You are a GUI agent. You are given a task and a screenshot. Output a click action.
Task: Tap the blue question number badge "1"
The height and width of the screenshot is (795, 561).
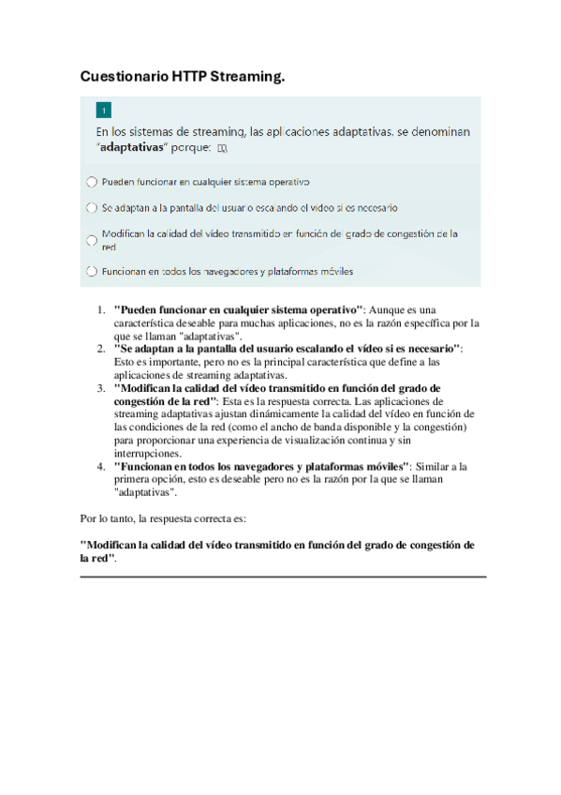click(x=103, y=110)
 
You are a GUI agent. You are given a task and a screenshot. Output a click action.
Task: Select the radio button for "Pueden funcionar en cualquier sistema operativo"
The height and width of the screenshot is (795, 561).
click(x=91, y=181)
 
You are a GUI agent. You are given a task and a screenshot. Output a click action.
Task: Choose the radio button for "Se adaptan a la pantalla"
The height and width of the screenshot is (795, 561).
click(x=91, y=207)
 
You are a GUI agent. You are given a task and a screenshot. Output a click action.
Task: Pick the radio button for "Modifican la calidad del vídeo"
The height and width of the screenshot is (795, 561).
click(x=91, y=240)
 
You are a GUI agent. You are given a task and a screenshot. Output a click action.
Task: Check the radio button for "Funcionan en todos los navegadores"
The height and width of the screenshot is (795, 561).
click(x=91, y=272)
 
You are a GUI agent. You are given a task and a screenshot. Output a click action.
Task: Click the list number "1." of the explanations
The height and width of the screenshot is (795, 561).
click(x=101, y=308)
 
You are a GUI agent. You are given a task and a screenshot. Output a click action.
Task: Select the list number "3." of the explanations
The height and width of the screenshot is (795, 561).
click(x=101, y=387)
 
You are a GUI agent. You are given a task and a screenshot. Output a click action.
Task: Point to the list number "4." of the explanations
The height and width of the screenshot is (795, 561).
click(x=101, y=466)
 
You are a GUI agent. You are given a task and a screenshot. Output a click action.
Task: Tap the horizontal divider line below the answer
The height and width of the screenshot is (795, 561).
click(x=283, y=576)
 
